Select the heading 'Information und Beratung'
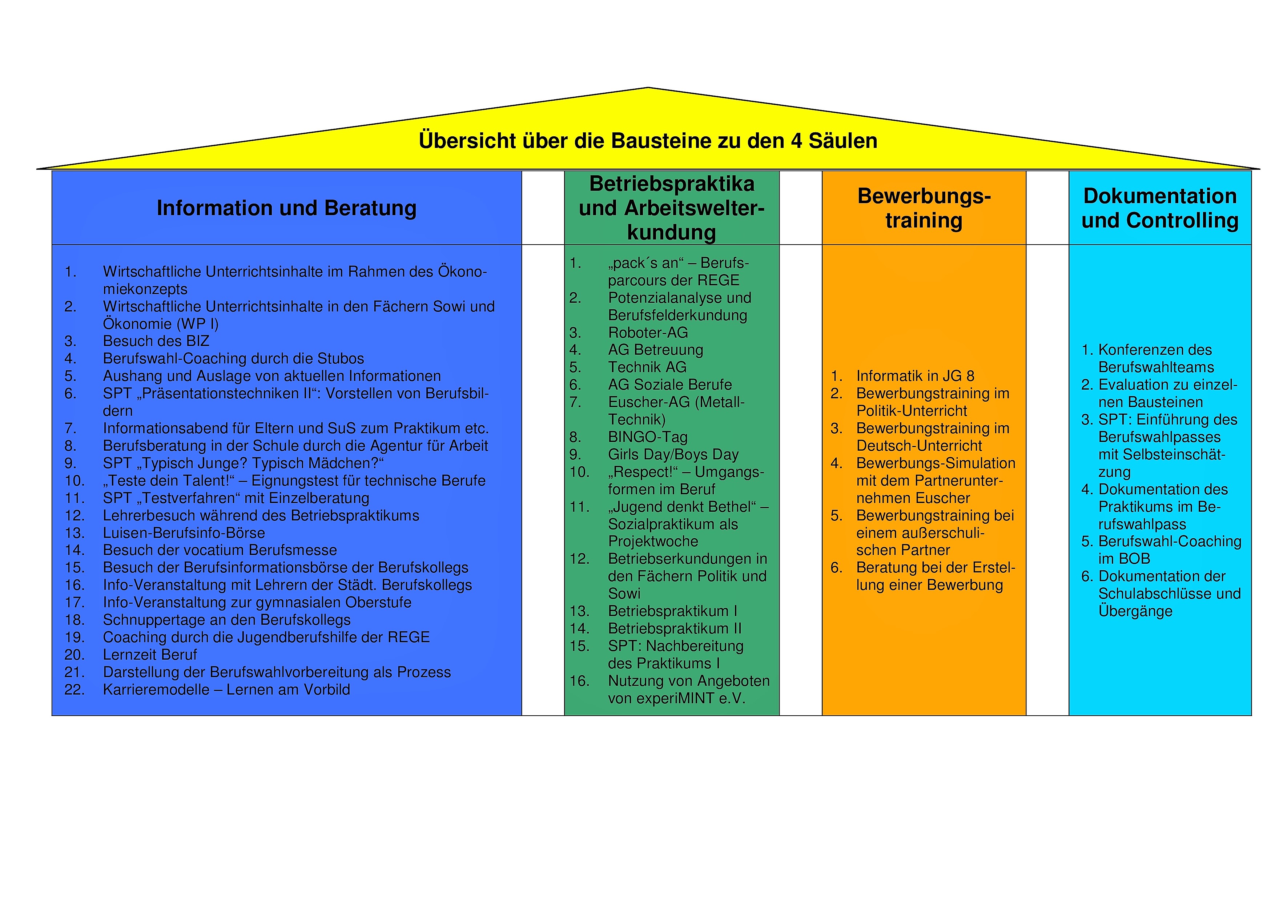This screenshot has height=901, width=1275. click(286, 208)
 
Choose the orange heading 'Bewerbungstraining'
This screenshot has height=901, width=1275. click(924, 208)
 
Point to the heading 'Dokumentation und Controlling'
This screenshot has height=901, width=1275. click(1160, 208)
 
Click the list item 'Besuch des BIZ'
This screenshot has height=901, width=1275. click(156, 341)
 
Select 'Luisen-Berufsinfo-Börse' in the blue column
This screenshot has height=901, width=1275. click(184, 533)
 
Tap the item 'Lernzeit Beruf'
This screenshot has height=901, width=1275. click(150, 655)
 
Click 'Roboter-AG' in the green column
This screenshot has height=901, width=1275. click(648, 333)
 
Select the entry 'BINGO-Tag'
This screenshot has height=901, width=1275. click(648, 437)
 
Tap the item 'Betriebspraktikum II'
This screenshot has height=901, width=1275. click(675, 628)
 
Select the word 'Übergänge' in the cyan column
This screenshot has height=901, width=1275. click(1136, 611)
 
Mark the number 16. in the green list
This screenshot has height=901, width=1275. click(579, 681)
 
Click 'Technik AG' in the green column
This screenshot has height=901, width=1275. click(648, 367)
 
